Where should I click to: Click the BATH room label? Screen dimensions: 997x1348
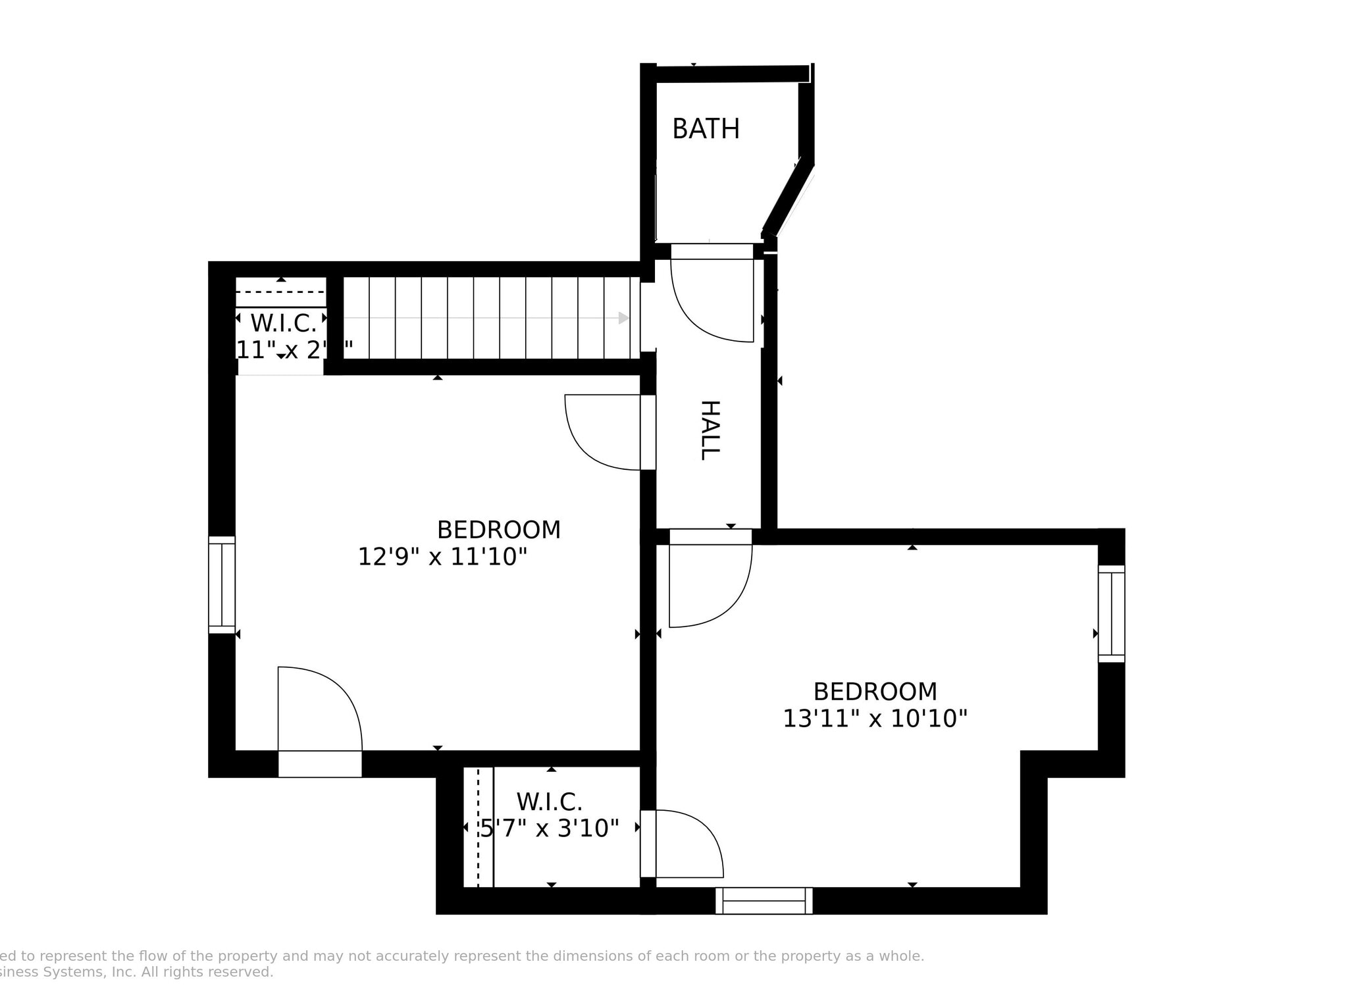click(706, 129)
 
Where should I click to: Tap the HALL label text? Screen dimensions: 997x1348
click(710, 430)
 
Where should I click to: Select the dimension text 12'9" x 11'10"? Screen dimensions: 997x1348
click(442, 557)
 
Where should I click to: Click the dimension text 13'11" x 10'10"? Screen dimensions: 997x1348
click(875, 719)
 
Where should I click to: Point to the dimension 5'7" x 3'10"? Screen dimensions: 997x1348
click(550, 828)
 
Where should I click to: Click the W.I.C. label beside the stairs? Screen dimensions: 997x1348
click(284, 323)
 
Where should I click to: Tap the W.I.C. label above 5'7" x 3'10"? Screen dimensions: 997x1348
click(550, 802)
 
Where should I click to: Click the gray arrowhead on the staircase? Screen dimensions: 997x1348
click(623, 319)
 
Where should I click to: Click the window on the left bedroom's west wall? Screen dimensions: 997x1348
click(222, 585)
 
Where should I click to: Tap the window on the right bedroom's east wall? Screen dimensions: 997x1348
click(1111, 613)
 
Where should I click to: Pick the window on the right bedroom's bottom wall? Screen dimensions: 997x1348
click(764, 900)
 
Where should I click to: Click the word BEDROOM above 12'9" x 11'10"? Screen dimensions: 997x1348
click(499, 530)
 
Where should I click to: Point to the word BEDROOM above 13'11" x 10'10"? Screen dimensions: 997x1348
click(875, 692)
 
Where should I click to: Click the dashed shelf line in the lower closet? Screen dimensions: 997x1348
click(478, 827)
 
